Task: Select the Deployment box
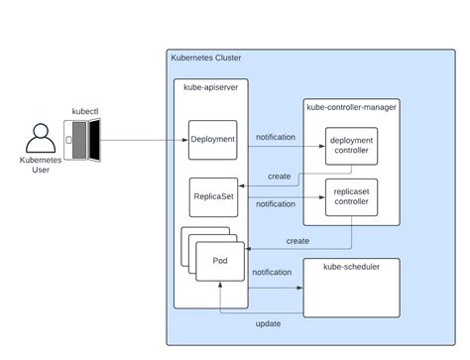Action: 212,140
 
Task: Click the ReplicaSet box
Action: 212,197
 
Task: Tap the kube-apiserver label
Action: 210,87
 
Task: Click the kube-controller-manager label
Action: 351,105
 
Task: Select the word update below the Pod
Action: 268,323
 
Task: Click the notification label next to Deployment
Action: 275,137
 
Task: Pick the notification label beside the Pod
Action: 272,272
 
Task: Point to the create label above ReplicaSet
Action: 280,176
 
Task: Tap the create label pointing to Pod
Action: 297,241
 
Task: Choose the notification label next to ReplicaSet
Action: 275,204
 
